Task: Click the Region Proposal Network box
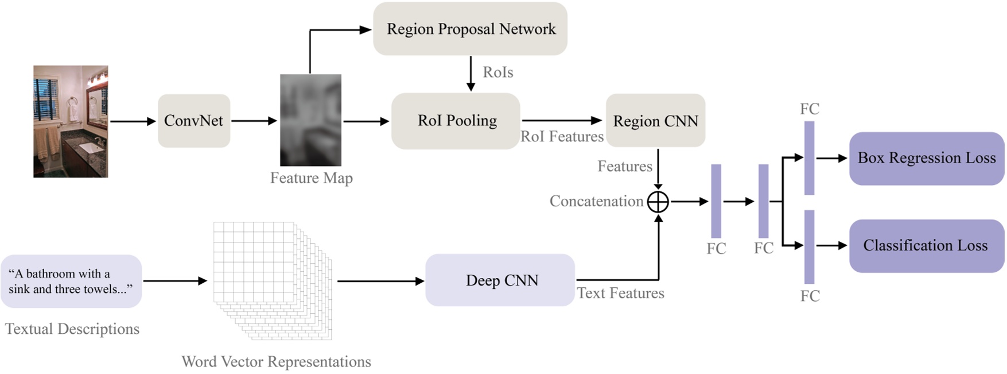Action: coord(470,29)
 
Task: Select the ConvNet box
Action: coord(194,121)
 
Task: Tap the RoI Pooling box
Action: coord(456,121)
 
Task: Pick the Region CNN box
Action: coord(655,121)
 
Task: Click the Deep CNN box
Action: coord(500,280)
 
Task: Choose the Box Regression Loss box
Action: coord(926,158)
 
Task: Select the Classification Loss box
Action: coord(926,246)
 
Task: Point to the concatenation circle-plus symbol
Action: coord(658,202)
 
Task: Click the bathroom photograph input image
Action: coord(71,121)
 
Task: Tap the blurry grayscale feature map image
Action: coord(310,120)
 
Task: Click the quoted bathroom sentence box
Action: coord(71,282)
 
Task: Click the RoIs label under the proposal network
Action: coord(497,72)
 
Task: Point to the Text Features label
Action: coord(620,294)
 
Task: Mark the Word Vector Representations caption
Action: coord(276,362)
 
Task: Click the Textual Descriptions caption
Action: coord(72,329)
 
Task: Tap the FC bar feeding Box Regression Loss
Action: coord(809,158)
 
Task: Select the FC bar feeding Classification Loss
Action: coord(809,246)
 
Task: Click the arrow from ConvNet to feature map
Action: coord(254,121)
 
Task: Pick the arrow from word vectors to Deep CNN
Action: coord(380,281)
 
